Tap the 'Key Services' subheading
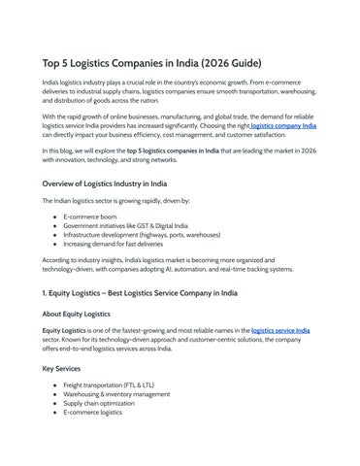pyautogui.click(x=64, y=370)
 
